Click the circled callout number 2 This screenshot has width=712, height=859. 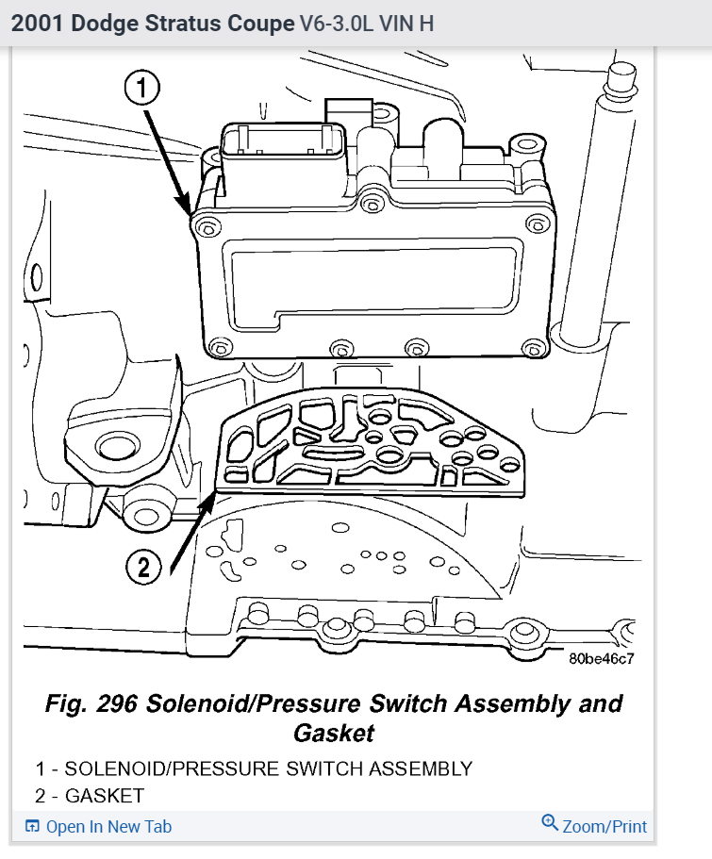(144, 566)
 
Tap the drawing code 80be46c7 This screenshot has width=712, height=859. (602, 657)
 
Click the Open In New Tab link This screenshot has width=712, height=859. (108, 827)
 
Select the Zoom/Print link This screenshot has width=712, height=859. (604, 827)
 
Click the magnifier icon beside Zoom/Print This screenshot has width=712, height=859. (550, 824)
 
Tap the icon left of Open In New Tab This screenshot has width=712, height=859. (33, 827)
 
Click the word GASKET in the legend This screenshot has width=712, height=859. (105, 796)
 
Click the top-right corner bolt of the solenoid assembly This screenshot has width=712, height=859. (538, 223)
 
